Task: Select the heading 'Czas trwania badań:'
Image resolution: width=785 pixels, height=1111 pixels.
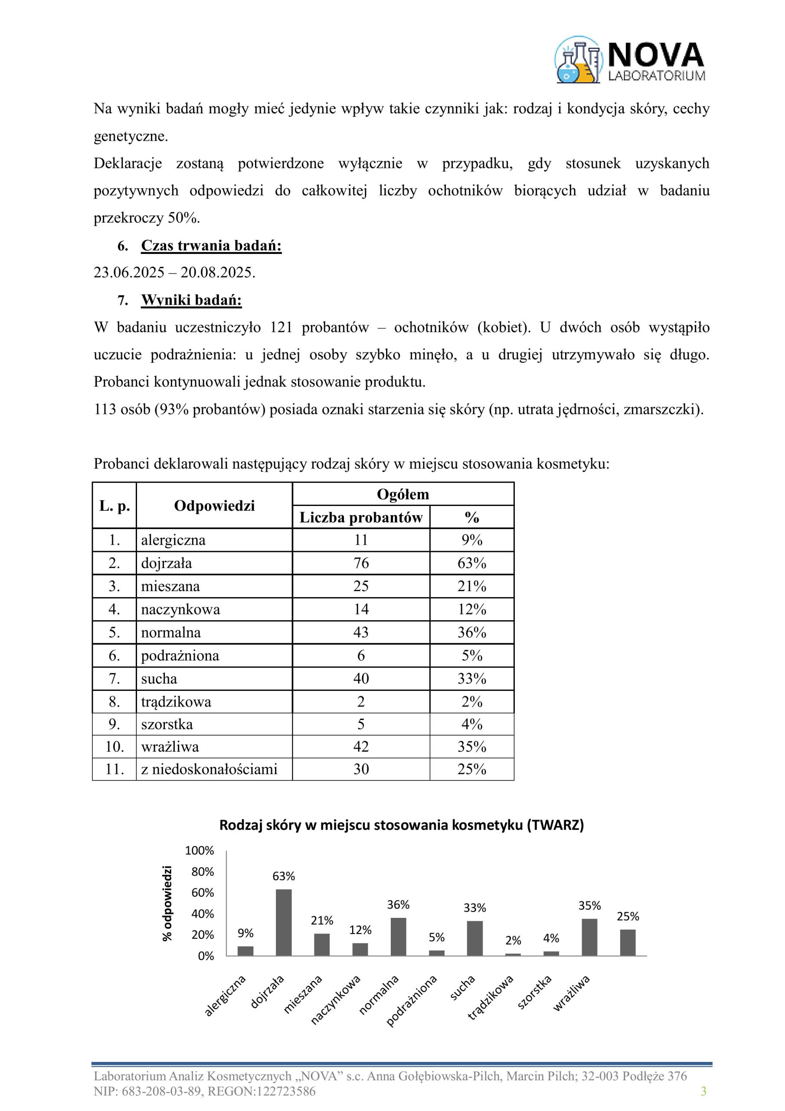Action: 211,245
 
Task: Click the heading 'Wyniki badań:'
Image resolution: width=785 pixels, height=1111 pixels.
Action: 191,300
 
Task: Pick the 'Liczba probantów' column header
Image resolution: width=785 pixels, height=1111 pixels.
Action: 361,517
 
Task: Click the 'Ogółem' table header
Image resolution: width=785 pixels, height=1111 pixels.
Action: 402,494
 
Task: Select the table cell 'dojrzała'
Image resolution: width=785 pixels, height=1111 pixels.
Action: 167,563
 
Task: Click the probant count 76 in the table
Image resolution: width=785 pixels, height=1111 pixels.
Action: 361,563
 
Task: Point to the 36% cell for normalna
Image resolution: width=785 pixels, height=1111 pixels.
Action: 471,632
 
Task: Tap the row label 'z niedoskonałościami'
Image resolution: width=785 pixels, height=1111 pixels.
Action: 209,769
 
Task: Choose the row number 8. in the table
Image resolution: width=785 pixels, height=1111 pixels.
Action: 114,701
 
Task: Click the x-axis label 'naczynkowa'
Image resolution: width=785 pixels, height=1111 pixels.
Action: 337,998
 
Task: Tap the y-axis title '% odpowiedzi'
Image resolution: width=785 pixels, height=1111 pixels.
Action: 167,904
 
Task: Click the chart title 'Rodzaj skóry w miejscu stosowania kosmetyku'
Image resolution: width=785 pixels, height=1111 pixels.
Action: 402,825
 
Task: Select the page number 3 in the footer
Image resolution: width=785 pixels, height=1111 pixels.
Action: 703,1091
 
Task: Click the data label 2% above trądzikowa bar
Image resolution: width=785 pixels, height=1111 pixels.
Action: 513,940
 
